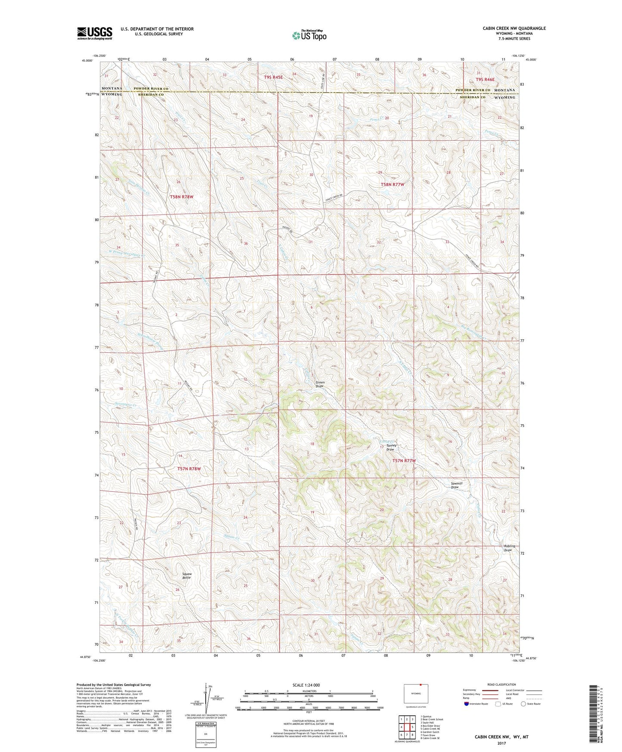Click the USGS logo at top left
[94, 33]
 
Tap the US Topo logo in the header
[309, 35]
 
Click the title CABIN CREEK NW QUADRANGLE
[514, 28]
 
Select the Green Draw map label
[320, 384]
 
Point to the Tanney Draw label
[390, 447]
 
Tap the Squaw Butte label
[186, 576]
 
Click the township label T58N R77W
[392, 184]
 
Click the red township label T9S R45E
[273, 77]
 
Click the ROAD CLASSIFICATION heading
[501, 684]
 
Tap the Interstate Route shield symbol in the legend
[467, 704]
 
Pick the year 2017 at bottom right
[501, 743]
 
